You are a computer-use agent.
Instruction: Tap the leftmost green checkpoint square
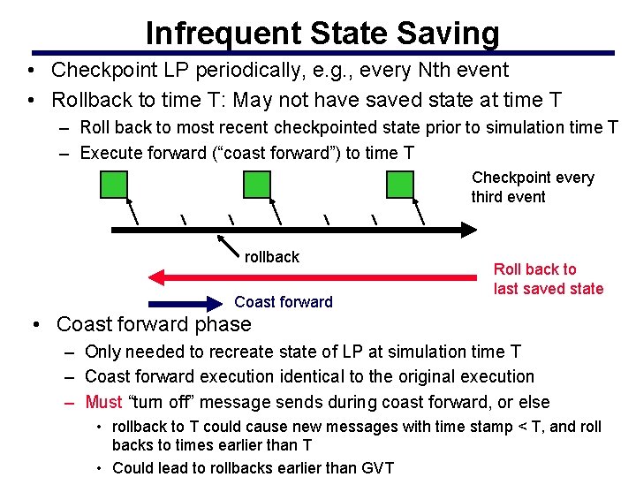[x=113, y=184]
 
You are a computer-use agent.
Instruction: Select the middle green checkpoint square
[x=257, y=184]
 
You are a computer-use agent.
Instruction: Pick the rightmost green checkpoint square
[x=401, y=184]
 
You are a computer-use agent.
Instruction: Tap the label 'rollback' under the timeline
[x=272, y=257]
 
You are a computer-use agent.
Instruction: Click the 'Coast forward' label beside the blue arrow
[x=284, y=302]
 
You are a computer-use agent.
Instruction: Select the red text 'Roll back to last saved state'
[x=548, y=279]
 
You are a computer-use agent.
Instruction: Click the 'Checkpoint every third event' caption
[x=532, y=187]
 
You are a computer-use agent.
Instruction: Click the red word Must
[x=103, y=402]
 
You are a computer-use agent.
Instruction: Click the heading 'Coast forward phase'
[x=153, y=324]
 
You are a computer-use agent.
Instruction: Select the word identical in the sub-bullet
[x=327, y=376]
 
